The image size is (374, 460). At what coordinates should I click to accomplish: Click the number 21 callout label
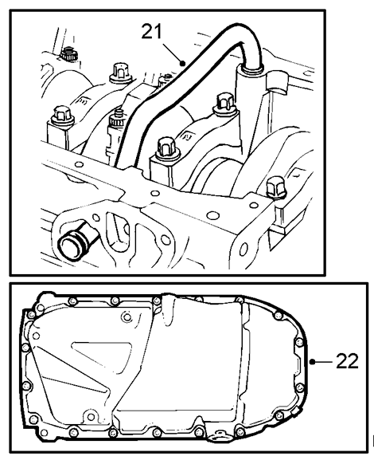151,31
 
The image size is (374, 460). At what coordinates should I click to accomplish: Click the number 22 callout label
347,360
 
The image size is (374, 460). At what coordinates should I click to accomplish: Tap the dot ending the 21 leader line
182,63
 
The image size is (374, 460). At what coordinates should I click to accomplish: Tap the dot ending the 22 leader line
312,362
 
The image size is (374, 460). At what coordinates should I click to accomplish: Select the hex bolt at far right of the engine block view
276,187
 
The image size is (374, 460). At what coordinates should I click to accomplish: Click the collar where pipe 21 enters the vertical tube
251,69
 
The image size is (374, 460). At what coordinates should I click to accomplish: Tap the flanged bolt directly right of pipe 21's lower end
166,147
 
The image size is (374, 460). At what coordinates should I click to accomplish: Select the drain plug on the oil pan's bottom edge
219,434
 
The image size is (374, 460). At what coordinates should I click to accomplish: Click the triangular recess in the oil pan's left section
101,356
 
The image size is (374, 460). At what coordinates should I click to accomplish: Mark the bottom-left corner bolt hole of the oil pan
44,432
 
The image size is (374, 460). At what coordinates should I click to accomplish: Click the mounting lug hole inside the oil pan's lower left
91,417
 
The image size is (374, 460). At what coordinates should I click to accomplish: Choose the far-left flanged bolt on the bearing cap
62,115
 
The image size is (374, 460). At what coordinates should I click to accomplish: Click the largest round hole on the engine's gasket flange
212,215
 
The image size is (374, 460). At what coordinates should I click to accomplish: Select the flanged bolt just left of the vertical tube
225,104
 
